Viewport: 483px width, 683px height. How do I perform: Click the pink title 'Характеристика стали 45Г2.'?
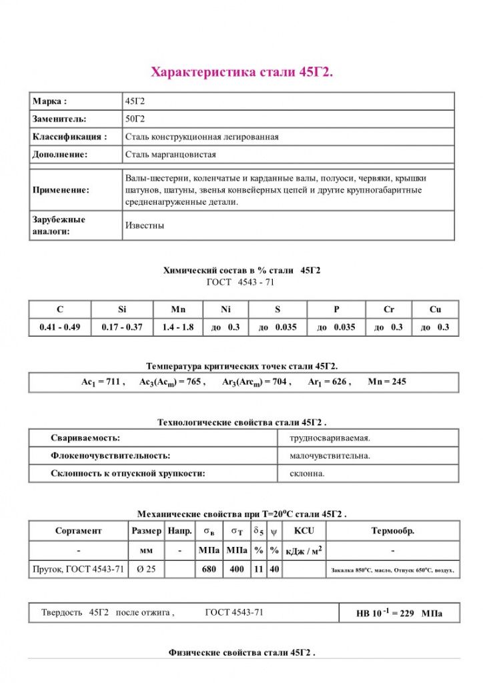(241, 71)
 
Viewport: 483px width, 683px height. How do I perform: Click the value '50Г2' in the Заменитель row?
(135, 119)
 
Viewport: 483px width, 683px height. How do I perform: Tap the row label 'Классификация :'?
(69, 137)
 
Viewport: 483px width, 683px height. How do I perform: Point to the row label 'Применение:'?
(61, 190)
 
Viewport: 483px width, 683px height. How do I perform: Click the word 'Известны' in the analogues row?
(145, 225)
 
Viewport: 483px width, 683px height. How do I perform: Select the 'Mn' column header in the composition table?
(178, 309)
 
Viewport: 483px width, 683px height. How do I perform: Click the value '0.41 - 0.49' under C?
(60, 327)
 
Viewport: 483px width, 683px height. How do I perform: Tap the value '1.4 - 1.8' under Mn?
(178, 327)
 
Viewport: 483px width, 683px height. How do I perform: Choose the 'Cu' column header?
(435, 309)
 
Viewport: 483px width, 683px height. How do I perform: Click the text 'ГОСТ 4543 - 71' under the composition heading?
(241, 282)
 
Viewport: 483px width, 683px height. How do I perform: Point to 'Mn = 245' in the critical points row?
(387, 382)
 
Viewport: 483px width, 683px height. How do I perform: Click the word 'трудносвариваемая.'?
(330, 438)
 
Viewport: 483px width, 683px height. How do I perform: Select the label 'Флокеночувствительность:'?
(111, 456)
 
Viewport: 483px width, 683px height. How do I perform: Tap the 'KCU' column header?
(304, 531)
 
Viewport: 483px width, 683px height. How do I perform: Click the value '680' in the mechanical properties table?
(209, 570)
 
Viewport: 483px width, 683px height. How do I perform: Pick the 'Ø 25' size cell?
(145, 570)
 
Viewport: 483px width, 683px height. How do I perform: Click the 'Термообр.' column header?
(392, 531)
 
